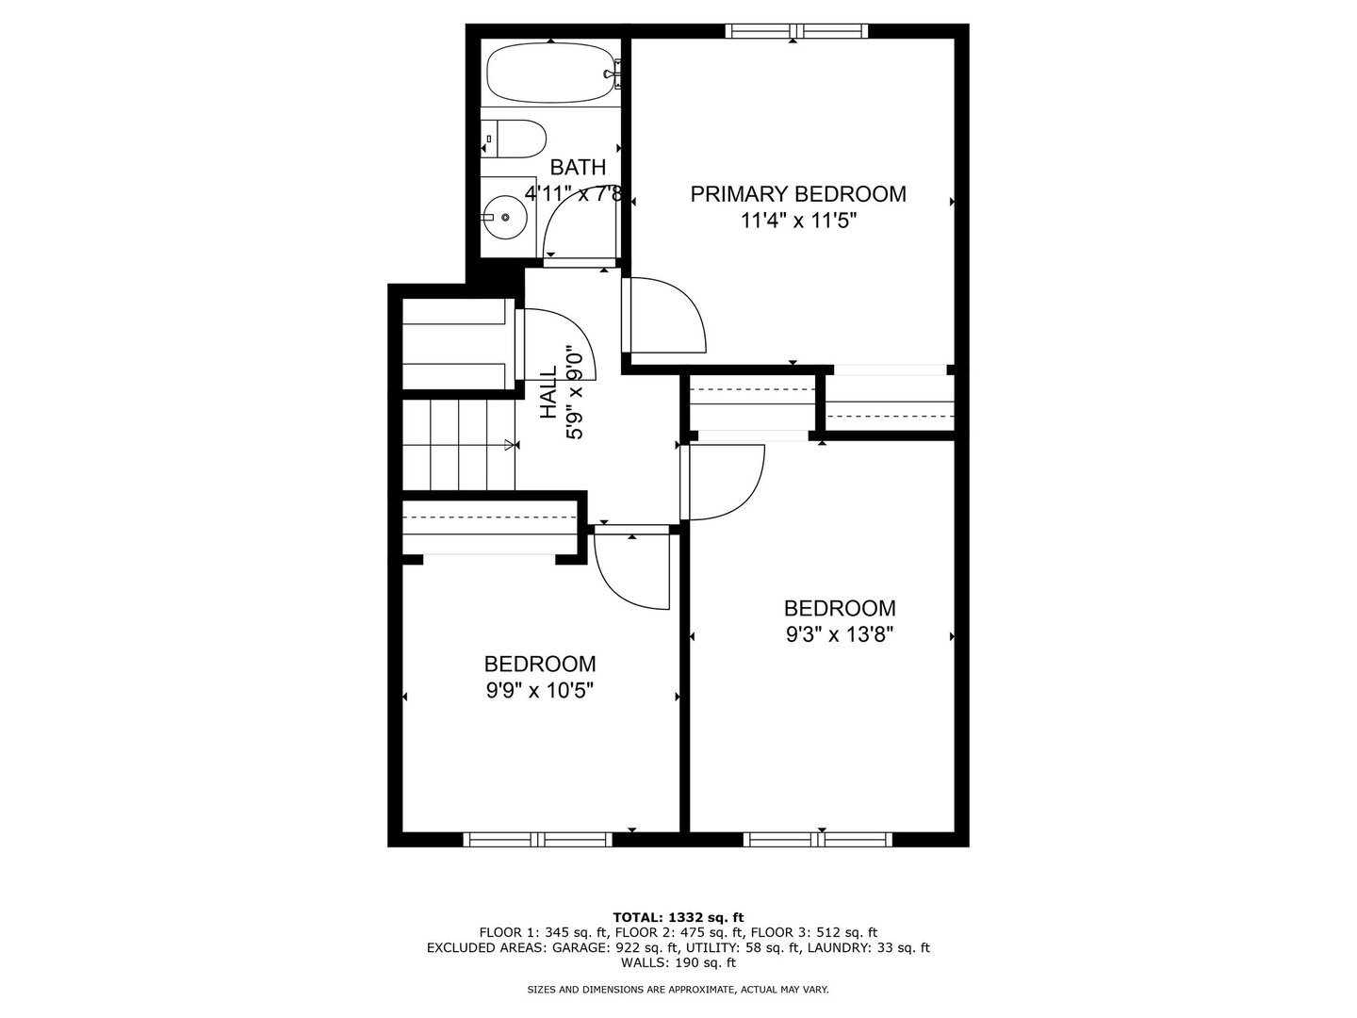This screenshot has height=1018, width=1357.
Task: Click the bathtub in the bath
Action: tap(550, 73)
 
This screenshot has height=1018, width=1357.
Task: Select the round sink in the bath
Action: tap(506, 217)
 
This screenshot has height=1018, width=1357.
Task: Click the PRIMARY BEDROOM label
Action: tap(798, 194)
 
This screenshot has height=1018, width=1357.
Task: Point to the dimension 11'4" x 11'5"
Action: tap(799, 221)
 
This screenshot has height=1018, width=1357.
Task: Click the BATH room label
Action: tap(578, 167)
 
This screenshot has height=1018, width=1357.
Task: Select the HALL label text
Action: tap(548, 392)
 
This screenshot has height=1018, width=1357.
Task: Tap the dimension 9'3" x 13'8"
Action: tap(840, 634)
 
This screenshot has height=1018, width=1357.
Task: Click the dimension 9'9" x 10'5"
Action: tap(540, 690)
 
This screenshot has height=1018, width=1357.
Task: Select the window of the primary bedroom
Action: tap(796, 31)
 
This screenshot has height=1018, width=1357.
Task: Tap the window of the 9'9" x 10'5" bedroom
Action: tap(537, 839)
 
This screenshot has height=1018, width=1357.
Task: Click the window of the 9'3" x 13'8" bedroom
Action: tap(817, 839)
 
